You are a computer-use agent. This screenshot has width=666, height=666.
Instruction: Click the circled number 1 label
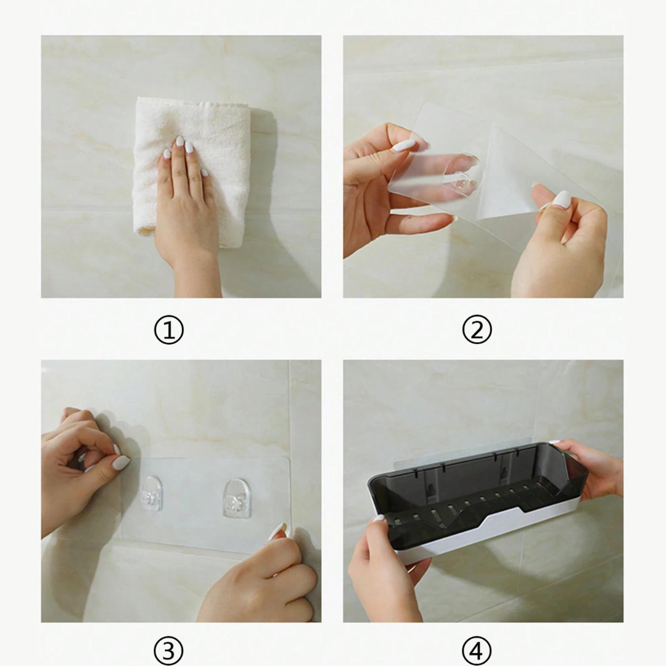coord(168,330)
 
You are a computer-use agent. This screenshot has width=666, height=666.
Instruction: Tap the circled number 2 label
coord(477,330)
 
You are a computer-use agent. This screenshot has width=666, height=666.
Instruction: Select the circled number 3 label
coord(168,651)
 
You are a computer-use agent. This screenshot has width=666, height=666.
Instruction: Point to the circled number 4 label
coord(477,651)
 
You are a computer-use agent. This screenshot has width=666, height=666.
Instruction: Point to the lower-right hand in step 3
coord(259,578)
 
